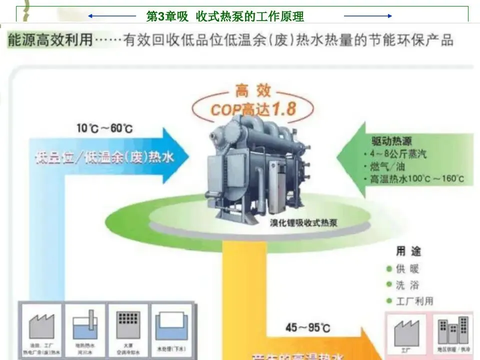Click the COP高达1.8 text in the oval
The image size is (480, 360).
pos(253,109)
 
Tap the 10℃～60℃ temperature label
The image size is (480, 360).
pos(104,128)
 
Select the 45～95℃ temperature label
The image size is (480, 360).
pos(307,328)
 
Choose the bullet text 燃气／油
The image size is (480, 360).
pos(388,166)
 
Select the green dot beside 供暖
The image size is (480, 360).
pos(389,269)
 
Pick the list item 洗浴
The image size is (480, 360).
pos(407,285)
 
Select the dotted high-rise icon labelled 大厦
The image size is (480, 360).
pos(127,324)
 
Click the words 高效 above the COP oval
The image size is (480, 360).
pos(253,91)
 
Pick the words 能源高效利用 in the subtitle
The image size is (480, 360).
pos(50,40)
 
